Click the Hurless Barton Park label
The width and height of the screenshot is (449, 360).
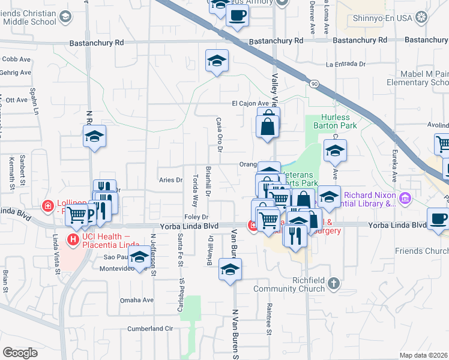(x=339, y=121)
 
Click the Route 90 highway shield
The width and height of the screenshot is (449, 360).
(x=315, y=85)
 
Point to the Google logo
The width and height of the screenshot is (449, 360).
(x=20, y=352)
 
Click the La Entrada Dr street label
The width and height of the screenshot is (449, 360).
(x=346, y=64)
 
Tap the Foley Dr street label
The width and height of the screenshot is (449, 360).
(x=196, y=217)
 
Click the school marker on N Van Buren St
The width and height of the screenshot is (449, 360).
(x=230, y=270)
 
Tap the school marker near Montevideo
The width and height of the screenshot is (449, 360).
(x=139, y=257)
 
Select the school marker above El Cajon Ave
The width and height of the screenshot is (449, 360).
(x=217, y=61)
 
